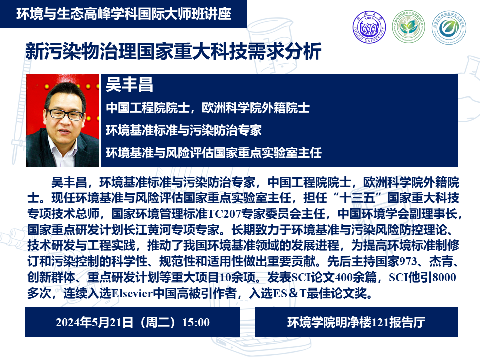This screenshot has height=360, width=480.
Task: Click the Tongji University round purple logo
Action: click(369, 27)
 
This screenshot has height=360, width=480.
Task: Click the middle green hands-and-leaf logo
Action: click(408, 27)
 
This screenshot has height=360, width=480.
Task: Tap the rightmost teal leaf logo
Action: click(448, 28)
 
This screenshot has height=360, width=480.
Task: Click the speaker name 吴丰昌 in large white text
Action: click(129, 85)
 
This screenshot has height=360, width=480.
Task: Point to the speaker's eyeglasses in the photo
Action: click(66, 114)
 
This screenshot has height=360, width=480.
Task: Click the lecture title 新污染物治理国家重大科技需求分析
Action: click(173, 51)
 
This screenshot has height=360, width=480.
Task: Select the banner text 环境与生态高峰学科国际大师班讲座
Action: click(124, 14)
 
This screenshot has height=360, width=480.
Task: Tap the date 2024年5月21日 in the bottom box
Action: click(94, 322)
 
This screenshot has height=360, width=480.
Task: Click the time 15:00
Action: click(196, 322)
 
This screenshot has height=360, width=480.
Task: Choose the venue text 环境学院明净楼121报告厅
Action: click(356, 322)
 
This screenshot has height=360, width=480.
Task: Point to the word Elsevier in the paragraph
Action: click(132, 293)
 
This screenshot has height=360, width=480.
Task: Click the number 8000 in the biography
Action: click(444, 277)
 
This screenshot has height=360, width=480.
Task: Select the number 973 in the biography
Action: click(408, 261)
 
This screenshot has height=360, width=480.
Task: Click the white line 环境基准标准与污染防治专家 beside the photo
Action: click(184, 130)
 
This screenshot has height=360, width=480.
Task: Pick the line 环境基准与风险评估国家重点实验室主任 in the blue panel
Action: click(213, 153)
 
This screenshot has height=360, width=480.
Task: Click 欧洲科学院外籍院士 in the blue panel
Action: click(256, 108)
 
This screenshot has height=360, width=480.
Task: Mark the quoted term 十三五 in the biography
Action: click(357, 198)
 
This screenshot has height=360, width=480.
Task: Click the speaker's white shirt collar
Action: click(56, 149)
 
